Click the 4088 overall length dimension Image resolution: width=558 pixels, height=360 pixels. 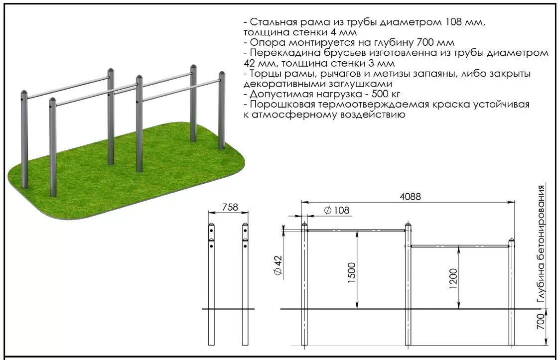pyautogui.click(x=410, y=196)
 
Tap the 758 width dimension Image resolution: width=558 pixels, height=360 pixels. pyautogui.click(x=230, y=207)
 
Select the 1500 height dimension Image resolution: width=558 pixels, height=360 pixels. pyautogui.click(x=352, y=272)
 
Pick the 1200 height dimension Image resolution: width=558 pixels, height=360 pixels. pyautogui.click(x=453, y=278)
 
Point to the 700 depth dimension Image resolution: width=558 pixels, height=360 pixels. pyautogui.click(x=541, y=321)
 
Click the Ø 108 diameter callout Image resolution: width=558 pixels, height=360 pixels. pyautogui.click(x=337, y=210)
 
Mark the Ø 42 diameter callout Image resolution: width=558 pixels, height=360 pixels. pyautogui.click(x=278, y=265)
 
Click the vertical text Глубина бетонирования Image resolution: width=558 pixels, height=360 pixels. pyautogui.click(x=541, y=245)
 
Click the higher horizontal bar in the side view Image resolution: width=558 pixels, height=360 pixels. pyautogui.click(x=356, y=231)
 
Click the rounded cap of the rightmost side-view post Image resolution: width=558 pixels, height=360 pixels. pyautogui.click(x=511, y=241)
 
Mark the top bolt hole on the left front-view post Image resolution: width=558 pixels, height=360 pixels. pyautogui.click(x=211, y=231)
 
